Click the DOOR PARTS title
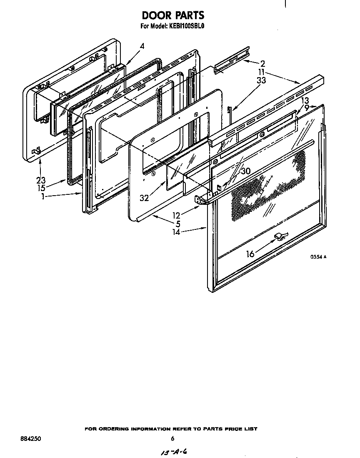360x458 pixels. [173, 15]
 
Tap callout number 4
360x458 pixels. [142, 47]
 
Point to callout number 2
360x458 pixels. [262, 64]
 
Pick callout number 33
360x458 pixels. [261, 81]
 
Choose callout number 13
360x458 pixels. [305, 101]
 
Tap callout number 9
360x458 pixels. [307, 107]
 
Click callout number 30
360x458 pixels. [246, 171]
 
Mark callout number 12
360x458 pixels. [177, 215]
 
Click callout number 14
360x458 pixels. [177, 232]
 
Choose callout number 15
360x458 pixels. [40, 189]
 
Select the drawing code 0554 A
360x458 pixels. [317, 257]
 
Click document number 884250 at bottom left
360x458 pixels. [30, 439]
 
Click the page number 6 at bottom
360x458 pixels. [172, 438]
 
